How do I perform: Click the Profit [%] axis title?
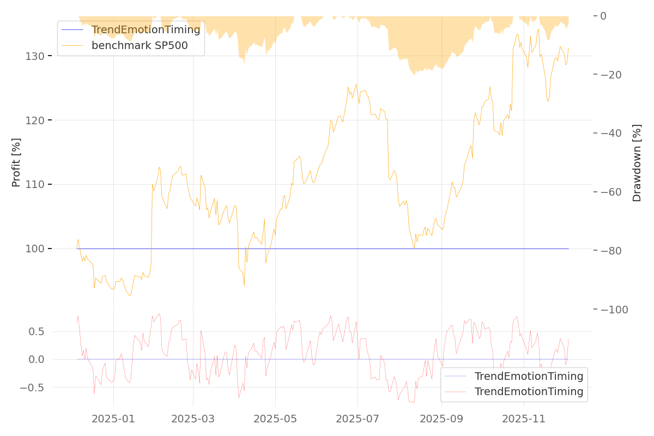(x=16, y=162)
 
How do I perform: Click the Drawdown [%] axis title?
(x=637, y=162)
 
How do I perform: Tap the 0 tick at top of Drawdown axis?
(x=603, y=16)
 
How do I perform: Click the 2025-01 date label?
(x=113, y=419)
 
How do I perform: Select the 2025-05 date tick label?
(x=275, y=419)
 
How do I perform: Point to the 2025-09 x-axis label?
(x=441, y=419)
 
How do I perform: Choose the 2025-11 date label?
(x=523, y=419)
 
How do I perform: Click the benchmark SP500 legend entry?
(x=140, y=45)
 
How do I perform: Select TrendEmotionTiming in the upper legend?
(x=146, y=29)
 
